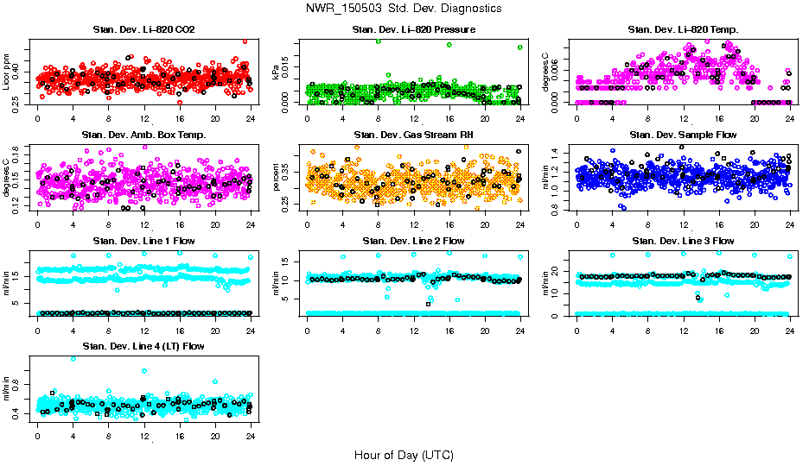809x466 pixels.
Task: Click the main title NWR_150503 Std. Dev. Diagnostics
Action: pyautogui.click(x=404, y=9)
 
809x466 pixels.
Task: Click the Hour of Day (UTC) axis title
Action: pyautogui.click(x=404, y=454)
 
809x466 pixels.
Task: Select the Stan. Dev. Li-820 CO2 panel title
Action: pyautogui.click(x=143, y=30)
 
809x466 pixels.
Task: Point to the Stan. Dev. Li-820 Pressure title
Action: pyautogui.click(x=413, y=30)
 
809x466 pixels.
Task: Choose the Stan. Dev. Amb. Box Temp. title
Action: pyautogui.click(x=143, y=135)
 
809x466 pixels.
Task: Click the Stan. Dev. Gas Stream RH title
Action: pyautogui.click(x=413, y=135)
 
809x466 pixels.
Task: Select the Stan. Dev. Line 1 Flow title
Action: pyautogui.click(x=143, y=240)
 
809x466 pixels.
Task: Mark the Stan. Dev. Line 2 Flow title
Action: pyautogui.click(x=413, y=240)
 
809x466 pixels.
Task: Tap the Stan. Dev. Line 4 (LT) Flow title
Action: pyautogui.click(x=143, y=345)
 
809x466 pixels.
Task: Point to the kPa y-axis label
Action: pyautogui.click(x=277, y=73)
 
